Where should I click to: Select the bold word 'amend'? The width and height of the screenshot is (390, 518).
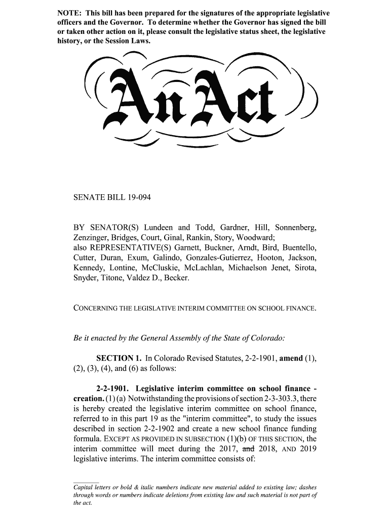click(x=291, y=359)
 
